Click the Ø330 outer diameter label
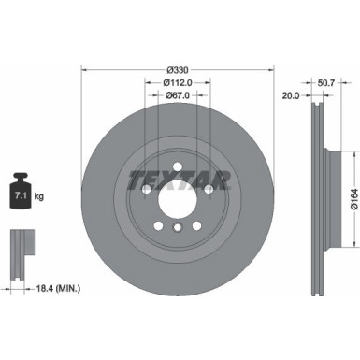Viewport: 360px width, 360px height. point(179,69)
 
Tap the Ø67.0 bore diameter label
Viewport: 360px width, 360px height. point(179,94)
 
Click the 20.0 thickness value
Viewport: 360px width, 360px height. point(290,94)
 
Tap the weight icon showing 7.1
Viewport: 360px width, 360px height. point(21,192)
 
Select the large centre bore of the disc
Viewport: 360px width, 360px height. point(179,198)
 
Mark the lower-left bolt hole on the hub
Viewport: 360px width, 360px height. point(159,224)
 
